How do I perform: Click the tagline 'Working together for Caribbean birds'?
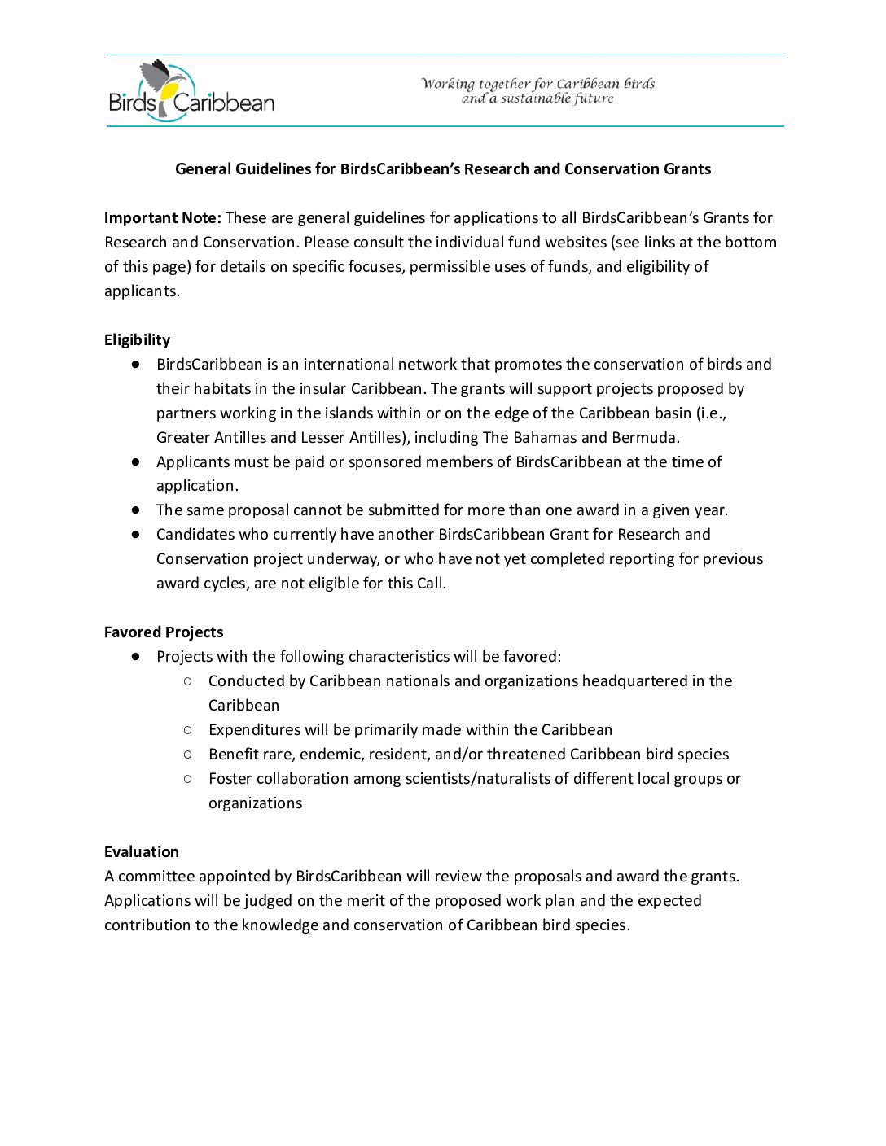click(538, 84)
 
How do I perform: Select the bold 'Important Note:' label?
click(162, 218)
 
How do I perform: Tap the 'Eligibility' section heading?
click(137, 340)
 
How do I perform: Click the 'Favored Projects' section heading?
click(164, 632)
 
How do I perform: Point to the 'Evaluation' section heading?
click(142, 852)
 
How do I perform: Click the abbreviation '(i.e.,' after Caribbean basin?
click(711, 413)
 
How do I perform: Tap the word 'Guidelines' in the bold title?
click(273, 169)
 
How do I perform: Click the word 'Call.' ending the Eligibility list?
click(431, 584)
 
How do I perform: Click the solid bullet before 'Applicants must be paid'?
click(136, 461)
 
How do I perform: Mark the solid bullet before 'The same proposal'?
click(136, 510)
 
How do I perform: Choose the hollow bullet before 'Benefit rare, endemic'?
click(188, 754)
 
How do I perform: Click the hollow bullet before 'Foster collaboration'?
click(188, 778)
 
